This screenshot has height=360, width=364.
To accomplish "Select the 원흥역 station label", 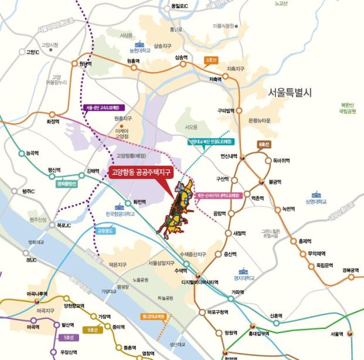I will [133, 61].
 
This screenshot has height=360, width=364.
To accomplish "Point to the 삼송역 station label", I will [181, 57].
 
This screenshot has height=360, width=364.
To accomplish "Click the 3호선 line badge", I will [212, 60].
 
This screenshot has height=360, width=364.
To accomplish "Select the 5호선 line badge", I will [69, 337].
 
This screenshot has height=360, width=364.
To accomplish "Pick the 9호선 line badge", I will [93, 330].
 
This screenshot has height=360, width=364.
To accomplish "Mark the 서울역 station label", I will [336, 334].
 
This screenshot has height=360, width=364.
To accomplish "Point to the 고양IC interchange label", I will [32, 52].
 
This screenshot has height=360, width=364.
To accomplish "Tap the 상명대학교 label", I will [315, 202].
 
